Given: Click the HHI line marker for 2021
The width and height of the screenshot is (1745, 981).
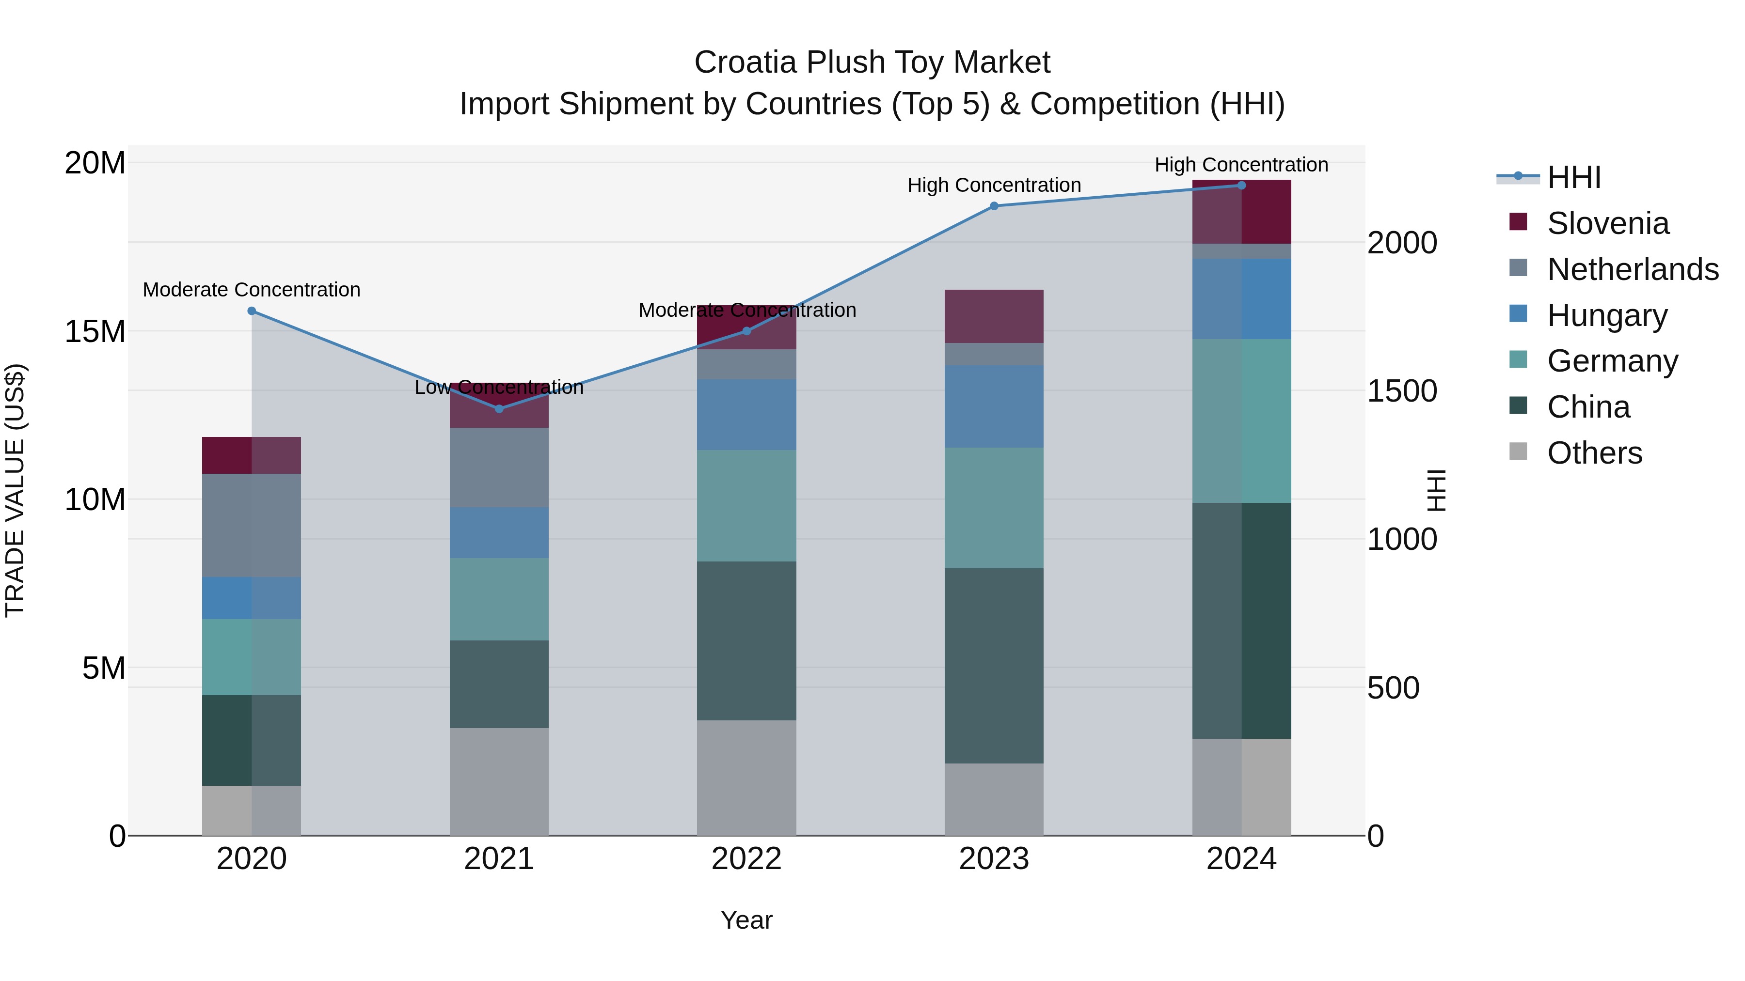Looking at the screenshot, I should (499, 409).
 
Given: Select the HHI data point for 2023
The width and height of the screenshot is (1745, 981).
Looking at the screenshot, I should (994, 206).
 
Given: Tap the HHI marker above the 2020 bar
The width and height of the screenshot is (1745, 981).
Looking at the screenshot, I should (251, 311).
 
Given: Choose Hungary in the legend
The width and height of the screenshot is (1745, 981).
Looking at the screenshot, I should (1607, 315).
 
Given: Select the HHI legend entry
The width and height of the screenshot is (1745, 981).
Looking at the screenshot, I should (1573, 177).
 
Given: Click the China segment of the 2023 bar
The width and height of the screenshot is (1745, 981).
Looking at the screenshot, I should (994, 666).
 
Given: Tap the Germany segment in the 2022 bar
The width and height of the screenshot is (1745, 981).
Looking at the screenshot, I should (746, 506).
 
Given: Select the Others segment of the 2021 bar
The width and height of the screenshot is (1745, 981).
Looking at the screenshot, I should (499, 782).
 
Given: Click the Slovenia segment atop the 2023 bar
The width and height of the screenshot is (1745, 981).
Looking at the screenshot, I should (994, 316).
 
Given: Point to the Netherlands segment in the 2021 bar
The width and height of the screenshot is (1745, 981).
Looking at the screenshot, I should (499, 467).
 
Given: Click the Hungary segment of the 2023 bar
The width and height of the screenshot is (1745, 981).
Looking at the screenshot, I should (994, 406).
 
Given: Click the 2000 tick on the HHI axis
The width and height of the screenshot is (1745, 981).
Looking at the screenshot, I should (1401, 243).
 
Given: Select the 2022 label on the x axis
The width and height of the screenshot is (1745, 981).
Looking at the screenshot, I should (746, 859).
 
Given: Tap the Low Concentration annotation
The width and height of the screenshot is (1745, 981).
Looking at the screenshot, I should (499, 387).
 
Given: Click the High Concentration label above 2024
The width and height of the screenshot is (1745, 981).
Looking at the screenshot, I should (1241, 165).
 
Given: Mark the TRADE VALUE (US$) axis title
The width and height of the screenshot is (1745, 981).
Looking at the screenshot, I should (15, 490).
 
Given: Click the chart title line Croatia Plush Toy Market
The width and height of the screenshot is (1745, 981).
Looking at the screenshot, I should (872, 62).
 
